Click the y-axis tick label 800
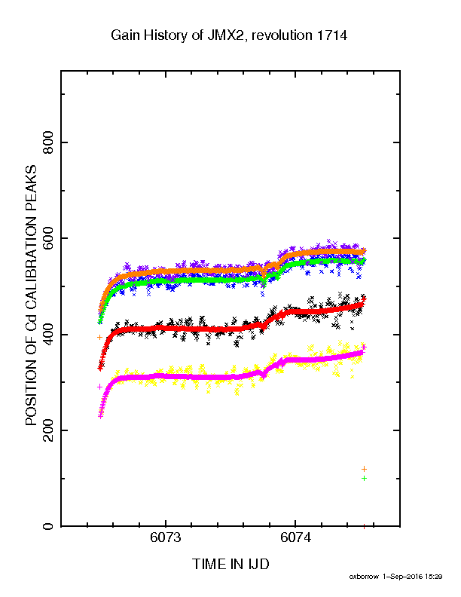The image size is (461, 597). [x=48, y=142]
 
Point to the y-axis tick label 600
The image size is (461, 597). [x=48, y=238]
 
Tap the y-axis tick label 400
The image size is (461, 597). [x=48, y=335]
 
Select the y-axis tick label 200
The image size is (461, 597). [x=48, y=430]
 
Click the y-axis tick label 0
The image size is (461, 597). [x=48, y=527]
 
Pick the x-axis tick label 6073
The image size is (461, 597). [x=166, y=537]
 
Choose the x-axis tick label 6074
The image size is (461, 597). [x=295, y=537]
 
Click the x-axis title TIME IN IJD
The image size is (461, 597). [x=230, y=564]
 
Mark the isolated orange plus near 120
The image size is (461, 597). [x=364, y=469]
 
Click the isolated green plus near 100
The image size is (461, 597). [x=364, y=478]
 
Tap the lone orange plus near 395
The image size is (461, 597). [x=100, y=337]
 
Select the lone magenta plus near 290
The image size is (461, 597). [x=100, y=387]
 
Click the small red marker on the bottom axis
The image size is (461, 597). [x=364, y=527]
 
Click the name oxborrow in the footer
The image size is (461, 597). [x=364, y=577]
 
